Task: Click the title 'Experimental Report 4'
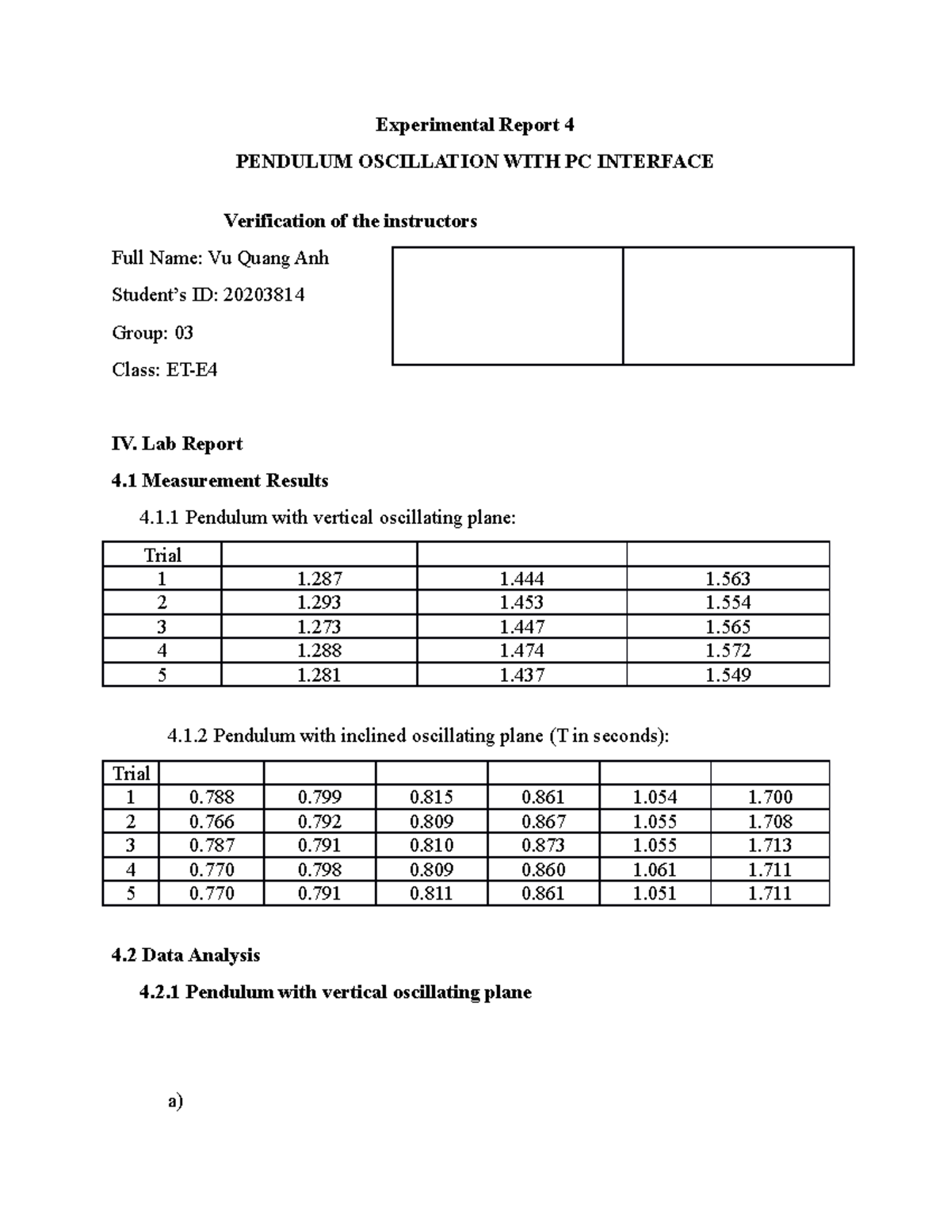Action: click(x=475, y=124)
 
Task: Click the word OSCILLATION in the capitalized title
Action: click(x=426, y=162)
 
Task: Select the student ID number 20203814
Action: click(x=263, y=295)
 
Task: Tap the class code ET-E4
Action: click(x=191, y=369)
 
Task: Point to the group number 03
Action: click(x=183, y=332)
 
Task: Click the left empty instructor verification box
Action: click(x=507, y=305)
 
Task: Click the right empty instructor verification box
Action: click(x=738, y=305)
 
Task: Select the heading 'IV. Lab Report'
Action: click(x=177, y=443)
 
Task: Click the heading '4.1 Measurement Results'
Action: click(x=220, y=480)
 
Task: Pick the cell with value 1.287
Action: click(x=319, y=579)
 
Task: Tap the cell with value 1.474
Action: click(x=521, y=651)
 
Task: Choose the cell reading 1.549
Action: click(x=728, y=675)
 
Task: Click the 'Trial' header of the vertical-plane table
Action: click(x=162, y=555)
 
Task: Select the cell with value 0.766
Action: click(x=212, y=821)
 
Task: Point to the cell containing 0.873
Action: click(x=544, y=845)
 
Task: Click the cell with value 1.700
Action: click(x=770, y=797)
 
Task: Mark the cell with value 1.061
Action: click(x=655, y=870)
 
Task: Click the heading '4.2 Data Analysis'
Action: click(x=185, y=955)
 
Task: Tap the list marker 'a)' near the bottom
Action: click(x=175, y=1101)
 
